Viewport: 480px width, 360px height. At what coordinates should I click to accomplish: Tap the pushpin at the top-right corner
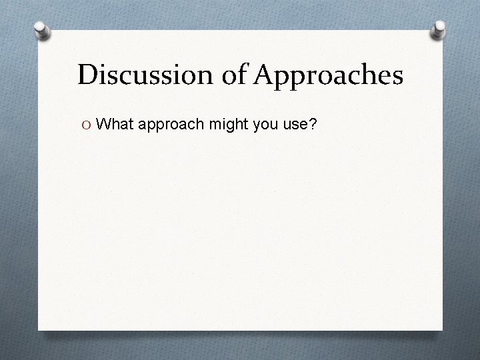pos(439,29)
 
